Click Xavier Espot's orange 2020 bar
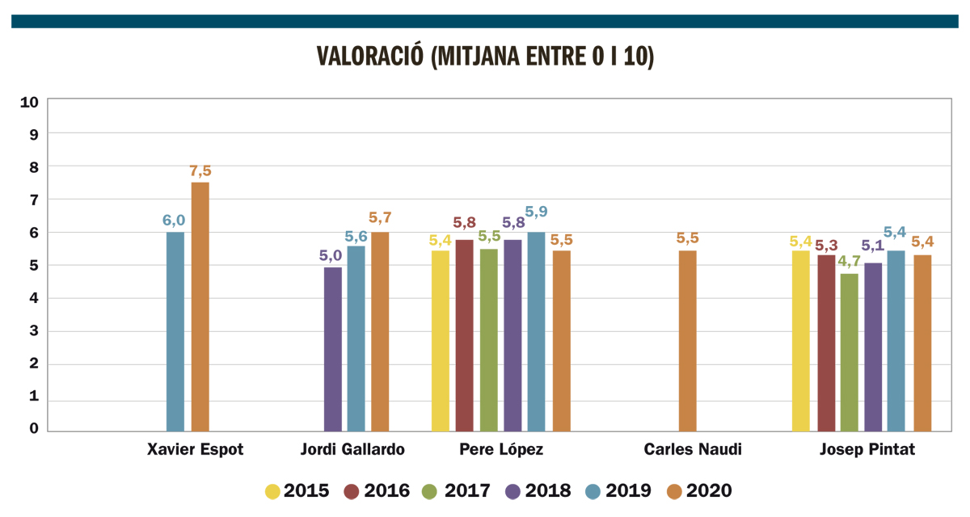click(x=200, y=307)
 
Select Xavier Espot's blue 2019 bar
click(x=175, y=331)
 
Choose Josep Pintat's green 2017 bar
click(x=849, y=352)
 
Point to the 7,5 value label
click(x=200, y=171)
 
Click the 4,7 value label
click(x=849, y=262)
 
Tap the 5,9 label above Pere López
click(x=537, y=212)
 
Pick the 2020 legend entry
click(x=700, y=490)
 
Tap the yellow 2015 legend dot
click(x=273, y=490)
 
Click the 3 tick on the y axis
click(x=34, y=331)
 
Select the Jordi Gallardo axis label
click(x=352, y=450)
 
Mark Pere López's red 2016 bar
click(x=464, y=335)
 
